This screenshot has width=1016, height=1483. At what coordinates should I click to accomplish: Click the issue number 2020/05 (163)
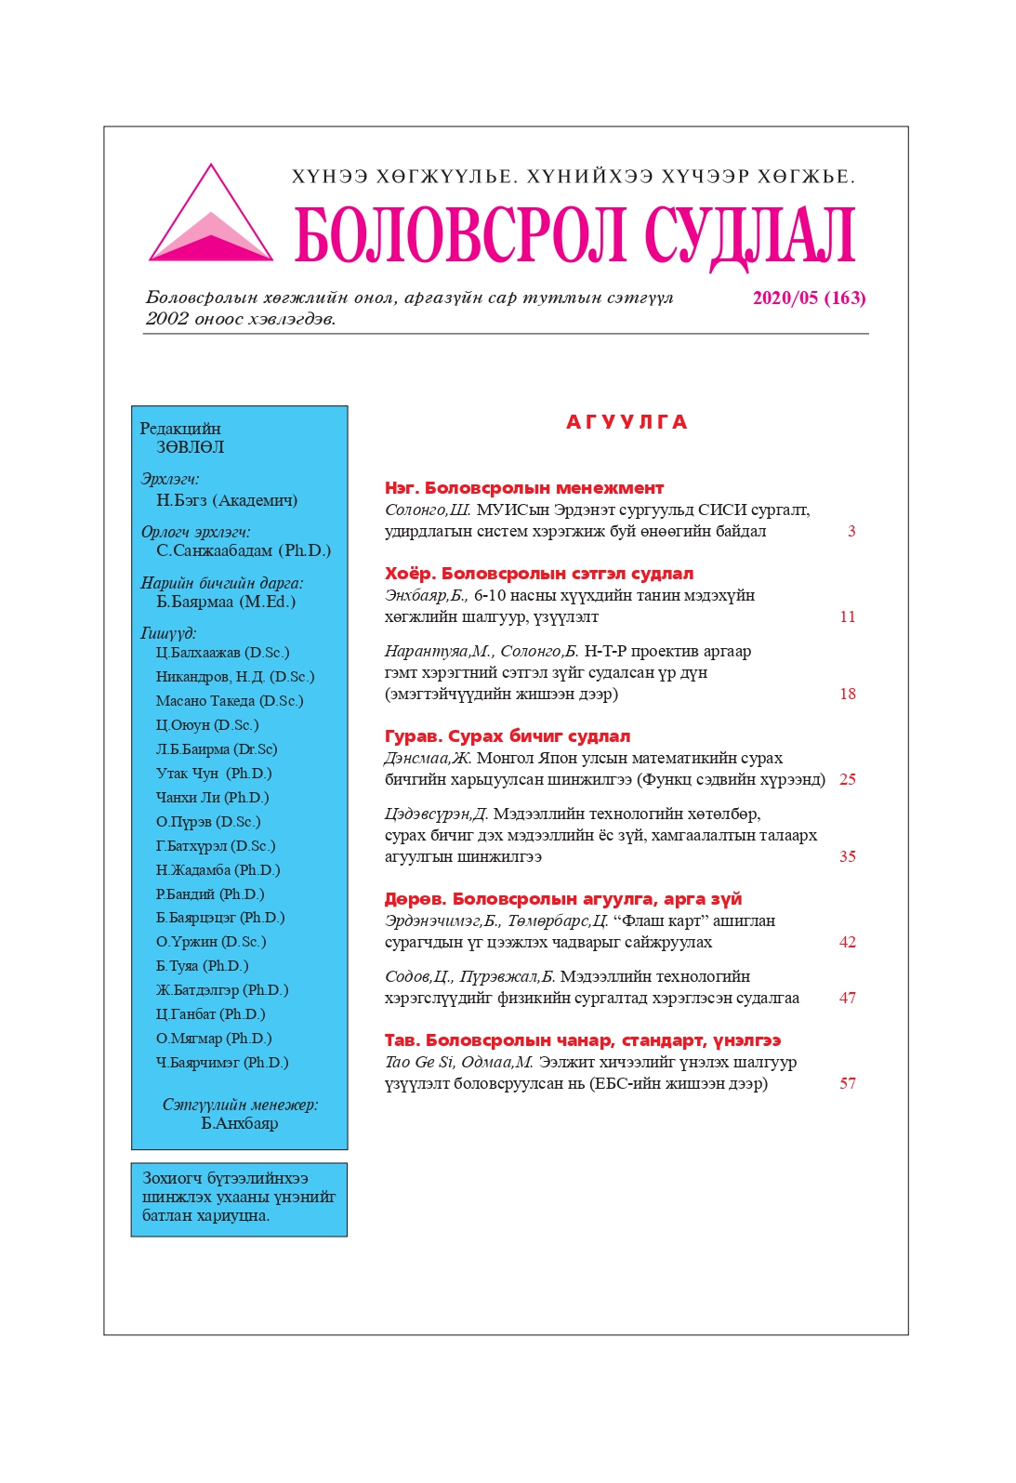pos(809,298)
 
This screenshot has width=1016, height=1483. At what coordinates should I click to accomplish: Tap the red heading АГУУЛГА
pos(627,423)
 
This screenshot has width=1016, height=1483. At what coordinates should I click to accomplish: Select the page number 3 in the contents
pos(851,532)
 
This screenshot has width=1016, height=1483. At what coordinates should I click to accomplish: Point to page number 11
pos(847,617)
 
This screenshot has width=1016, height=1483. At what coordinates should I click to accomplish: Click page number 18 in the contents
pos(847,695)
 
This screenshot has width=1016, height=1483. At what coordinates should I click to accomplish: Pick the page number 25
pos(847,780)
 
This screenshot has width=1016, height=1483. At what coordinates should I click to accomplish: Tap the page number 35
pos(847,857)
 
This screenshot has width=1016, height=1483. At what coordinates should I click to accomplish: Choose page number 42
pos(847,943)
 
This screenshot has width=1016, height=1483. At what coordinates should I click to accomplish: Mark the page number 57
pos(847,1084)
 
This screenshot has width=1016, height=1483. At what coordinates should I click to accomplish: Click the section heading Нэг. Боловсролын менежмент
pos(524,488)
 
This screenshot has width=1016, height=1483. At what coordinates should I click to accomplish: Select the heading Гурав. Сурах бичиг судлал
pos(508,736)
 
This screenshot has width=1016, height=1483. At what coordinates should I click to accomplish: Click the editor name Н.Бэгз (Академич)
pos(227,500)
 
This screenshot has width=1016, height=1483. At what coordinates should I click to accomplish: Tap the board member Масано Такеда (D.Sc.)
pos(230,701)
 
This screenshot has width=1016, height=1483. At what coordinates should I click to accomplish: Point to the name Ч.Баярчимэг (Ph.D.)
pos(222,1063)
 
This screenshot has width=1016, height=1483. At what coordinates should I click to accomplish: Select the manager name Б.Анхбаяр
pos(240,1124)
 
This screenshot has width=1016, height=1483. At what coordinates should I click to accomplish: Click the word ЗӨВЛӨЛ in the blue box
pos(190,447)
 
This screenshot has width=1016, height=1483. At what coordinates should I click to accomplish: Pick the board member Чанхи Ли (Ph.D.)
pos(212,798)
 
